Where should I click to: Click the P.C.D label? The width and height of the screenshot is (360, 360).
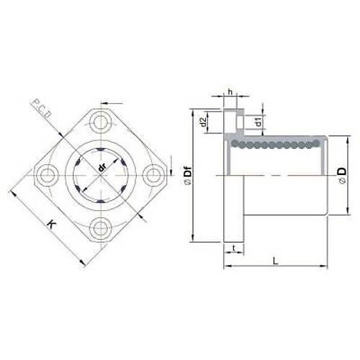click(x=41, y=108)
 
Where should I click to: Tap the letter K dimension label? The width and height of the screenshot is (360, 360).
click(x=52, y=224)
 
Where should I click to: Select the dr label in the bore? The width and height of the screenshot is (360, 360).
click(x=102, y=168)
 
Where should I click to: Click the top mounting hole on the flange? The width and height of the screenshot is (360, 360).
click(x=101, y=123)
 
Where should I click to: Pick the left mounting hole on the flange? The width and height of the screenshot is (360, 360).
click(x=47, y=176)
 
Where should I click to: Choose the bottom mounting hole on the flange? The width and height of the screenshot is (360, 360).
click(x=100, y=228)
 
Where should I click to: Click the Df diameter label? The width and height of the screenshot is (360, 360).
click(x=188, y=176)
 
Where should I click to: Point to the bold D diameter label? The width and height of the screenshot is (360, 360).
click(x=342, y=175)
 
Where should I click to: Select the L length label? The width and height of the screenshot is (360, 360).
click(x=276, y=261)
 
